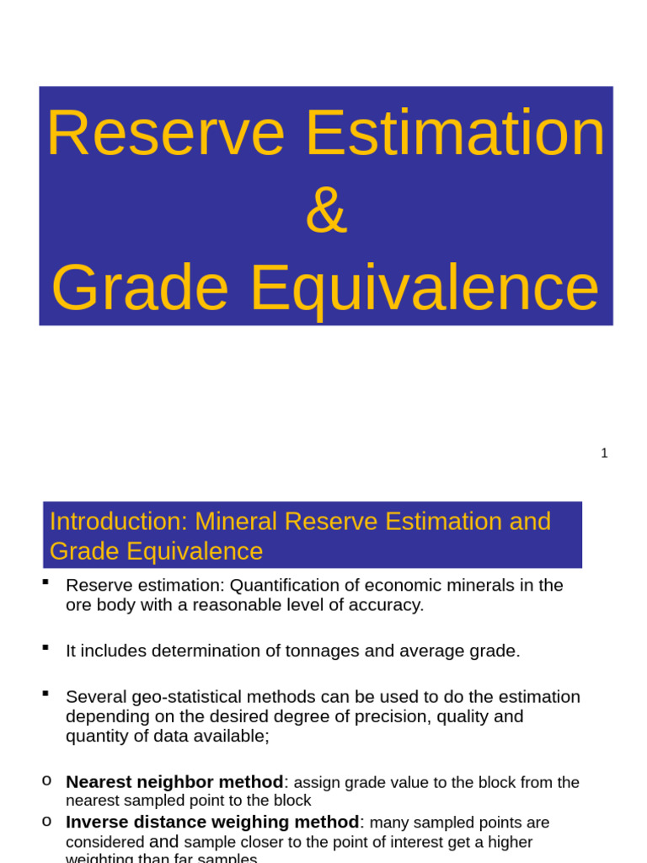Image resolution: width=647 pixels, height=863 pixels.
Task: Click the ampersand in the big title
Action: click(x=326, y=212)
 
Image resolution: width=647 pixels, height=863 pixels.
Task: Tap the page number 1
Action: click(x=604, y=453)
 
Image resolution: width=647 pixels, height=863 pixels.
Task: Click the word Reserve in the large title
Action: click(x=166, y=134)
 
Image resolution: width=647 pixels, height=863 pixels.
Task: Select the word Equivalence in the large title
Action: click(x=425, y=288)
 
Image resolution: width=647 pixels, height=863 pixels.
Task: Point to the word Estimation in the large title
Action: click(x=455, y=134)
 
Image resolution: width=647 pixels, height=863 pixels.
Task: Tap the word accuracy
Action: click(x=388, y=605)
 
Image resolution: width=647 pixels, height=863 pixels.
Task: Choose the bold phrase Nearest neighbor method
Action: click(x=174, y=782)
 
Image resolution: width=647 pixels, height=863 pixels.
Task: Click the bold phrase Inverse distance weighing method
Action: click(x=212, y=822)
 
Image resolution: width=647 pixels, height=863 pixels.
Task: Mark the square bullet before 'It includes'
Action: click(x=45, y=647)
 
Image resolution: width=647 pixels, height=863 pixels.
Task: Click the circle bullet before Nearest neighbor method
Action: click(x=46, y=779)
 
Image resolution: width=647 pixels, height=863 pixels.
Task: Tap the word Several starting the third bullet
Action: click(x=94, y=697)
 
